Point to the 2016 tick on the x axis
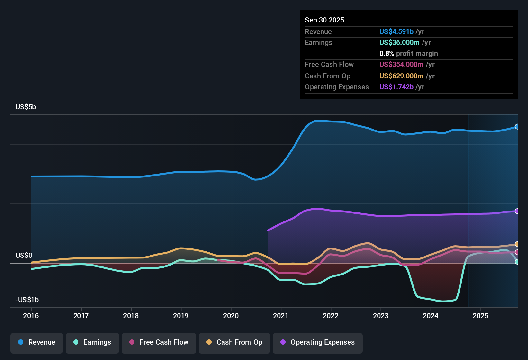[x=31, y=316]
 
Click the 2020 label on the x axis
[x=231, y=316]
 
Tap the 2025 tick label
[x=480, y=316]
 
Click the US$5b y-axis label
[x=26, y=107]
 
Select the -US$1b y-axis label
[x=27, y=300]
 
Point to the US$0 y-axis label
[x=24, y=256]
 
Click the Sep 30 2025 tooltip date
[x=324, y=20]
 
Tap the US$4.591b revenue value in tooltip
[x=396, y=32]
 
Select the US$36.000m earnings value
[x=399, y=43]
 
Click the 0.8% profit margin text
[x=408, y=54]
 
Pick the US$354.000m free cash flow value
[x=401, y=65]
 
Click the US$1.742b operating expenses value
[x=396, y=87]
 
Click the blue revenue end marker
[x=517, y=127]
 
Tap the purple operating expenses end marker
[x=517, y=211]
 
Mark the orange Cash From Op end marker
[x=517, y=244]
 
